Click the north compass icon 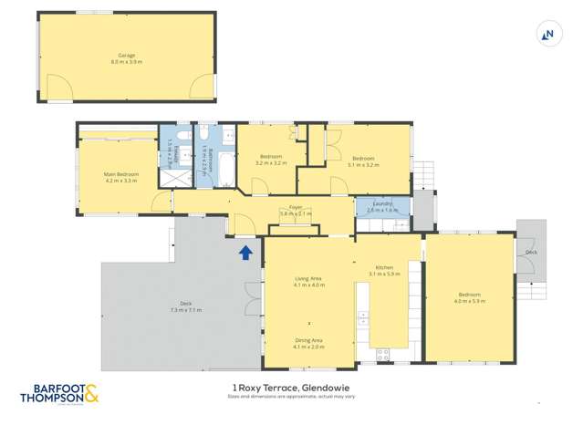click(x=548, y=35)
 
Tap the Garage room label click(x=127, y=55)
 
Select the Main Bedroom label click(x=121, y=174)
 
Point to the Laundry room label click(x=382, y=204)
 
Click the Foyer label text click(x=296, y=208)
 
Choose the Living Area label click(x=308, y=279)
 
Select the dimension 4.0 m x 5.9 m click(x=471, y=301)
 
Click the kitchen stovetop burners click(x=381, y=353)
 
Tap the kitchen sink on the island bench click(x=362, y=318)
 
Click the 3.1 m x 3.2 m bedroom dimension click(x=363, y=165)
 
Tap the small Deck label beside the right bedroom click(x=532, y=253)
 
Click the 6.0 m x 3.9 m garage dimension click(x=127, y=61)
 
